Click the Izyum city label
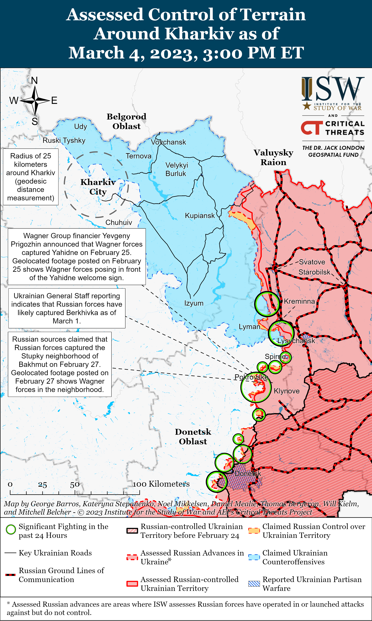(x=194, y=303)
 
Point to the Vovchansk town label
(x=168, y=142)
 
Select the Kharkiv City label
(x=98, y=187)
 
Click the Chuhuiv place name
(x=119, y=222)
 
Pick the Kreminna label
(x=299, y=301)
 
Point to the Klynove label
(x=287, y=391)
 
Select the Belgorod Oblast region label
(x=127, y=121)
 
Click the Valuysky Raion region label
(x=274, y=157)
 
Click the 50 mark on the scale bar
(x=75, y=485)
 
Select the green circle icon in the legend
(x=11, y=530)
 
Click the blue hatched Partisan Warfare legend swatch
(x=254, y=583)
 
